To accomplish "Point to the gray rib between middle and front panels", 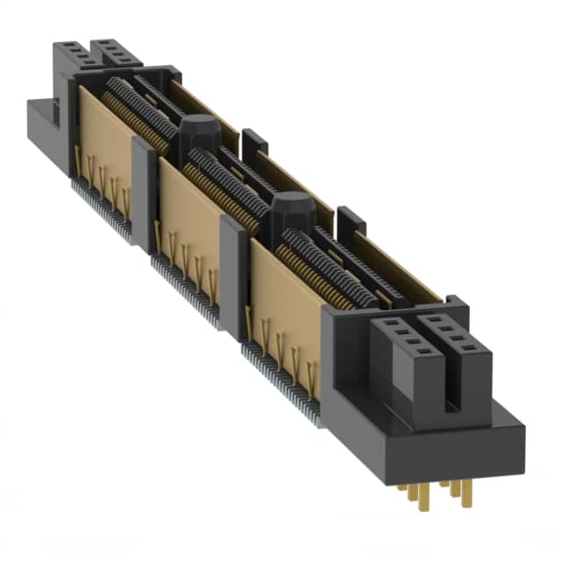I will click(x=234, y=272).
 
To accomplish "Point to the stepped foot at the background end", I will click(x=39, y=123).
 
